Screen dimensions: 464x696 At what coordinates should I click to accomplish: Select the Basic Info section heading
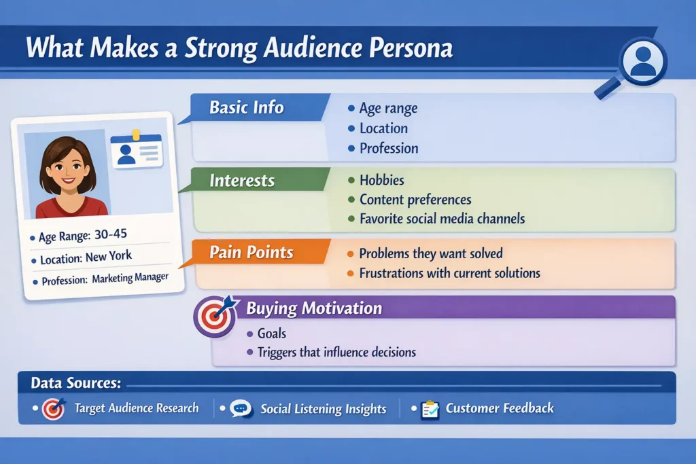click(x=246, y=107)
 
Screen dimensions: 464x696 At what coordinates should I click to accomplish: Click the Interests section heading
click(x=241, y=181)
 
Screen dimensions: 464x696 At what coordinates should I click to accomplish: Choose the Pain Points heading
click(x=251, y=253)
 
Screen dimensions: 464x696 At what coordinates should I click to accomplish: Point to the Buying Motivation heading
click(x=313, y=308)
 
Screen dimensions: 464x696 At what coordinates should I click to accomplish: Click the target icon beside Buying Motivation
click(x=215, y=316)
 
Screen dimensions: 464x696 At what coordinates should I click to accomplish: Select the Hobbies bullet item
click(x=381, y=181)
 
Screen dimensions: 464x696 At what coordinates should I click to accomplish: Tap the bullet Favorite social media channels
click(x=442, y=219)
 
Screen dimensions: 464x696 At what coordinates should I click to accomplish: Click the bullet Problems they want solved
click(x=431, y=254)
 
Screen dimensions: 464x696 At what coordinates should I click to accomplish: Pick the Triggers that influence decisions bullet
click(x=336, y=353)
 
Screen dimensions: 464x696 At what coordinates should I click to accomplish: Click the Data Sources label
click(x=75, y=383)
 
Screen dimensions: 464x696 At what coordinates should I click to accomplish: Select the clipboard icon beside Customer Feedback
click(x=430, y=409)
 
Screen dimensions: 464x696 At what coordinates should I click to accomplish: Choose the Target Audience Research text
click(x=136, y=408)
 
